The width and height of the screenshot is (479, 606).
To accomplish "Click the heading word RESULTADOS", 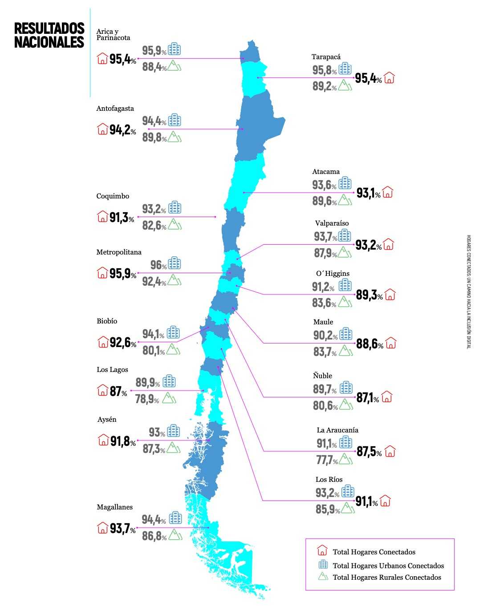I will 49,28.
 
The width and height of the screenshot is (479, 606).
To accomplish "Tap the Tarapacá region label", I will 326,57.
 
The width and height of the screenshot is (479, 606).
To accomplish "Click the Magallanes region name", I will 114,507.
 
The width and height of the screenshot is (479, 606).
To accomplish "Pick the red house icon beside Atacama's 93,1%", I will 388,192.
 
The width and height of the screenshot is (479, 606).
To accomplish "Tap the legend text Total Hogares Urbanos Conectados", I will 388,566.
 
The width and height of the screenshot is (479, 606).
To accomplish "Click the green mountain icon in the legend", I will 323,577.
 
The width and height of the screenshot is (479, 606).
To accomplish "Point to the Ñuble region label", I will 322,376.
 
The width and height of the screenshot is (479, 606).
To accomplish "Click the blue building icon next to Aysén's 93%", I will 174,431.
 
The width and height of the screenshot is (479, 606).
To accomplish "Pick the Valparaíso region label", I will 332,223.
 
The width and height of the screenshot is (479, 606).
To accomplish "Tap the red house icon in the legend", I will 322,551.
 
